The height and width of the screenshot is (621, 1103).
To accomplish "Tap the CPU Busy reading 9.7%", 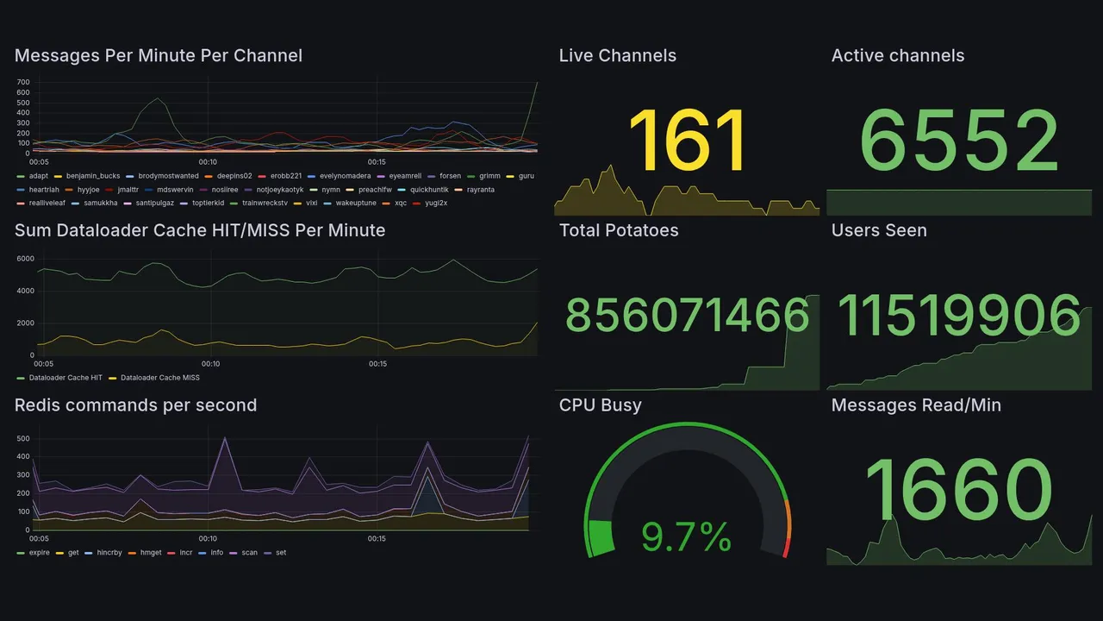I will click(686, 536).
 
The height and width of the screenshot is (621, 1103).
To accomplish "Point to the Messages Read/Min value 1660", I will click(958, 490).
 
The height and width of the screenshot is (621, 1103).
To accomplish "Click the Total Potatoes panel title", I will click(619, 230).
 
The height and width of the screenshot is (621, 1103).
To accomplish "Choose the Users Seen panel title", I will click(879, 230).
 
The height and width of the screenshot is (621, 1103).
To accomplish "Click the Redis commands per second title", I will click(135, 405).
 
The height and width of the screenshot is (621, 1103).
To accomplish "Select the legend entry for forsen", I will click(450, 176).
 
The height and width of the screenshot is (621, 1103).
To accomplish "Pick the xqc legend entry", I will click(400, 203).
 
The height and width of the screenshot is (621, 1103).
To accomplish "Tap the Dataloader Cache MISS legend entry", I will click(159, 378).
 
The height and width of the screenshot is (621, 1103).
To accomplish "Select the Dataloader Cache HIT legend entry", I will click(65, 378).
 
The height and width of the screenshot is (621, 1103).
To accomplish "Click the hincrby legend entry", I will click(109, 553).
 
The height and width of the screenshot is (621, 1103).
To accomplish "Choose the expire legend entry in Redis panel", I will click(39, 553).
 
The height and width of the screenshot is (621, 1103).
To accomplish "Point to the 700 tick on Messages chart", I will click(22, 82).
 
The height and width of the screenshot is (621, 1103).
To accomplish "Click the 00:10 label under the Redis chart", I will click(208, 539).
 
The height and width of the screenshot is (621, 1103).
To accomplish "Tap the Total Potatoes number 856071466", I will click(687, 315).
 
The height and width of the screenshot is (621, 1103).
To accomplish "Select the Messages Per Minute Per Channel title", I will click(159, 56).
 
